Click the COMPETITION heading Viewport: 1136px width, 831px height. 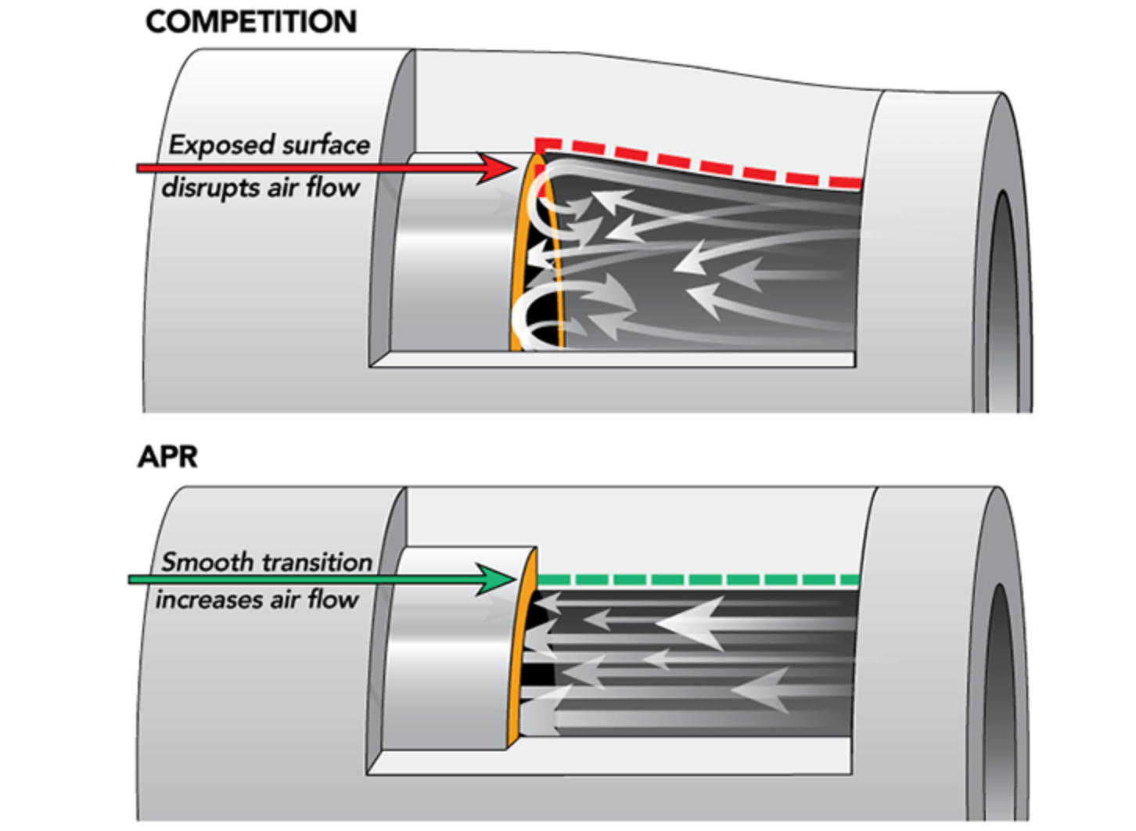click(252, 22)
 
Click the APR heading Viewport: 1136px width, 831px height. click(168, 457)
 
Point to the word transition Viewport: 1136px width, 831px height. click(315, 562)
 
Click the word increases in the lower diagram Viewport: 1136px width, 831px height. click(209, 600)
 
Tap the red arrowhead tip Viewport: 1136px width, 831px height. click(516, 168)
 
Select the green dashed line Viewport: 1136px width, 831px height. click(699, 579)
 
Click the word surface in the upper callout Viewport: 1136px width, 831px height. click(326, 146)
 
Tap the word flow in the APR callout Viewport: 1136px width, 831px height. click(333, 600)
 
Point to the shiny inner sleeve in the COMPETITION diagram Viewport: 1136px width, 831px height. click(454, 254)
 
